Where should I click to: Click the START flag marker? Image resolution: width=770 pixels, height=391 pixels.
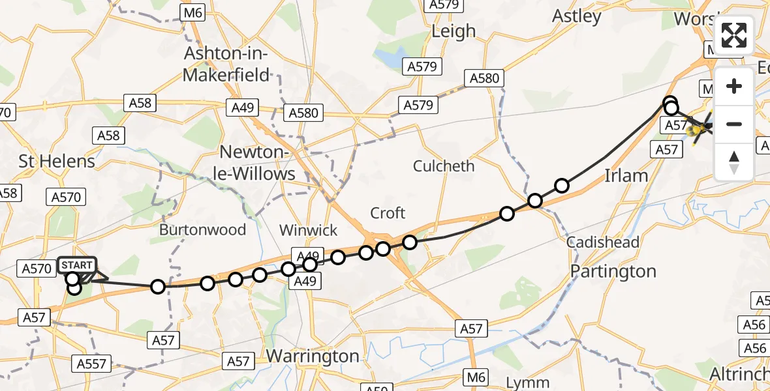(77, 265)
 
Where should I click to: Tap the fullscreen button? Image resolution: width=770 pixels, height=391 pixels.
(734, 35)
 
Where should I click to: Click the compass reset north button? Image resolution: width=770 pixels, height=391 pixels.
(734, 162)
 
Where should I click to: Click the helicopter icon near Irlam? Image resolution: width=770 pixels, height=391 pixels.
(700, 130)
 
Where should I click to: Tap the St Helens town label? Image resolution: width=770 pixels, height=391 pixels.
(57, 161)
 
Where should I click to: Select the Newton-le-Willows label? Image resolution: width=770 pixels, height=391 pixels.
(257, 163)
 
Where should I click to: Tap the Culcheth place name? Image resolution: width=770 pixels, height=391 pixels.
(444, 166)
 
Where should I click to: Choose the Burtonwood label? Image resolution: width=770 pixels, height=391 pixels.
(203, 229)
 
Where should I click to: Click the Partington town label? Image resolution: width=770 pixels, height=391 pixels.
(613, 270)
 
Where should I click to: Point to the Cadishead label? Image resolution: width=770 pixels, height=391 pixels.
(603, 242)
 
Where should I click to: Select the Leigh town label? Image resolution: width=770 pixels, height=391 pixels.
(454, 31)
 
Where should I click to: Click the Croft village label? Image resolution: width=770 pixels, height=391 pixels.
(388, 213)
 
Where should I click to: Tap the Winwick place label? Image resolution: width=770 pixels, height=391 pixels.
(309, 229)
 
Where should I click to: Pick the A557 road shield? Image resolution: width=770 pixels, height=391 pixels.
(91, 364)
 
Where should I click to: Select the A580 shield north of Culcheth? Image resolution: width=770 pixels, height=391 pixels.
(484, 79)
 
